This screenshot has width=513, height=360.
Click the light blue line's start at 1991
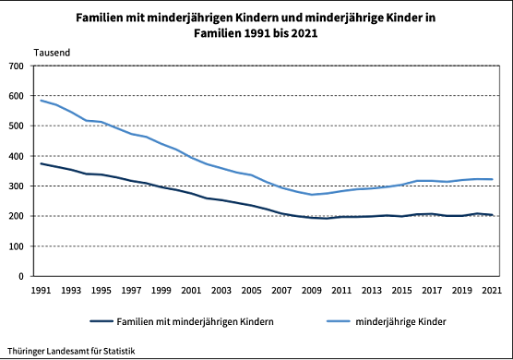(x=40, y=100)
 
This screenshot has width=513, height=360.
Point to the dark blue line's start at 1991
(x=40, y=163)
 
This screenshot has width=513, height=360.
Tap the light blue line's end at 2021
(x=492, y=179)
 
